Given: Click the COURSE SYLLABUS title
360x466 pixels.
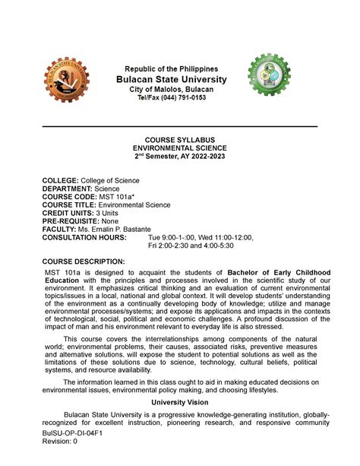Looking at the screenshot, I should pos(180,140).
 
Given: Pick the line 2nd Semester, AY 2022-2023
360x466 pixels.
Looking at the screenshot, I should pos(180,157).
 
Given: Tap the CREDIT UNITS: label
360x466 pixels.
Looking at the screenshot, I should pos(71,213).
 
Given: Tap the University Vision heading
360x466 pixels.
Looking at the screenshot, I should pos(180,400).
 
